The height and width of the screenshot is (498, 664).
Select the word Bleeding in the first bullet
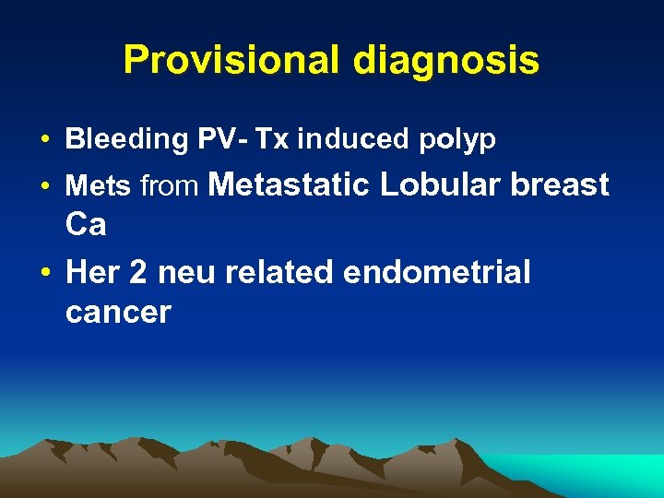click(x=126, y=139)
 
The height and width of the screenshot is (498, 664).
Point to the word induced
click(x=352, y=139)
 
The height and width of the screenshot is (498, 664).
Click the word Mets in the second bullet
click(x=98, y=187)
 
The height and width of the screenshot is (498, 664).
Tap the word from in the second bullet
click(x=169, y=187)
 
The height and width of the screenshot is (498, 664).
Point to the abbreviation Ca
click(x=86, y=224)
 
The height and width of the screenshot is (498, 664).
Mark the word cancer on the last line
click(x=118, y=313)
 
